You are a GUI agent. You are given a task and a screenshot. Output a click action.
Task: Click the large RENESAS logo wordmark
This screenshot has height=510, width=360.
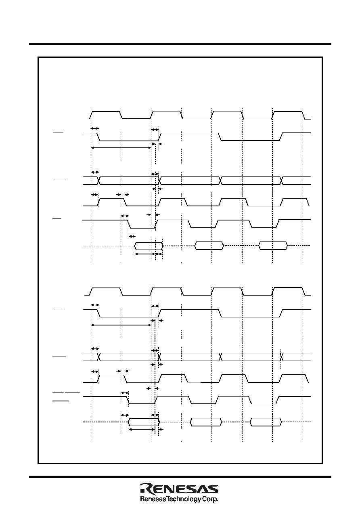coord(179,488)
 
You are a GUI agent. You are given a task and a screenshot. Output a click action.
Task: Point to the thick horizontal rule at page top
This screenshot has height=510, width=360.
coord(180,44)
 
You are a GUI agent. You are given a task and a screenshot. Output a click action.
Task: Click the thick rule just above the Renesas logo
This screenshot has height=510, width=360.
coord(180,477)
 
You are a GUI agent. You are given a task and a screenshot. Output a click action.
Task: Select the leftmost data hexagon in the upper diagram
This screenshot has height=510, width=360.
coord(149,246)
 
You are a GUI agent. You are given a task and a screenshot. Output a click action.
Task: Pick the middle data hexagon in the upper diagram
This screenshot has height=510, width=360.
coord(209,246)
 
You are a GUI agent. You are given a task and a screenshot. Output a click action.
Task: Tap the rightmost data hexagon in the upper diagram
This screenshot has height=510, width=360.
coord(273,246)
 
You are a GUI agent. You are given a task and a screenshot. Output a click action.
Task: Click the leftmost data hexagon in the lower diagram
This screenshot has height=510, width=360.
coord(144,422)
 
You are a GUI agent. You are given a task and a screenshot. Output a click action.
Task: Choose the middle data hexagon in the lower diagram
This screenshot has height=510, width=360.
coord(206,422)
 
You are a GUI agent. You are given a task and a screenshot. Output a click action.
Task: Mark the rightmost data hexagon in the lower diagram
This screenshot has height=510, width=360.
coord(266,422)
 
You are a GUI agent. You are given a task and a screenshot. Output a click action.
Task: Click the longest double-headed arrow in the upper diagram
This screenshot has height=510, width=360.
coord(121,148)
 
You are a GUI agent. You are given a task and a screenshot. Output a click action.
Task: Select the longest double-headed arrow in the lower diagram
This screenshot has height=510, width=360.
coord(121,325)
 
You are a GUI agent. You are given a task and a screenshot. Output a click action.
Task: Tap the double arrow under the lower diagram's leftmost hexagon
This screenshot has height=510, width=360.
coord(142,429)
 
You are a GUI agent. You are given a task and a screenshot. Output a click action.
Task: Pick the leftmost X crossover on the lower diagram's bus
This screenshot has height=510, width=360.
coord(99,357)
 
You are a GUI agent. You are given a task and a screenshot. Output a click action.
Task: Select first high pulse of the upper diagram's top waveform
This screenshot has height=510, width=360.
coord(106,111)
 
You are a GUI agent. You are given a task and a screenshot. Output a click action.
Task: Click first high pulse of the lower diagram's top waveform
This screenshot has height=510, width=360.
coord(106,288)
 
